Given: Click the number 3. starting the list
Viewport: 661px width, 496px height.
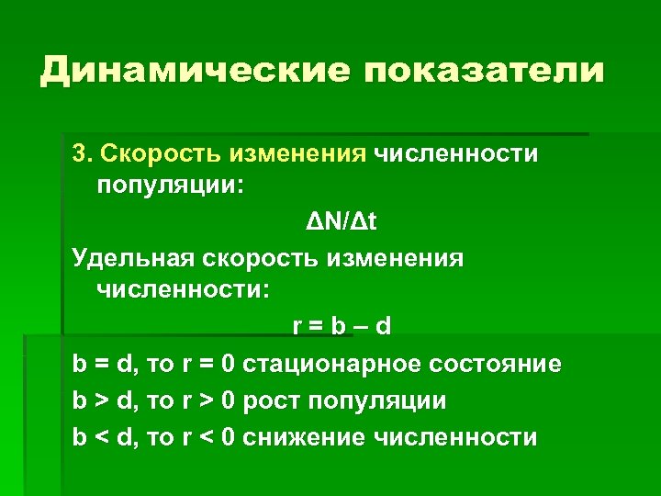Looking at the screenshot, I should (x=83, y=153).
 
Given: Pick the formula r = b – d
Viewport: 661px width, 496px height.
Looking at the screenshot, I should (x=342, y=328).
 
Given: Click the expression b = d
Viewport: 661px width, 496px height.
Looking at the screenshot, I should (x=103, y=364).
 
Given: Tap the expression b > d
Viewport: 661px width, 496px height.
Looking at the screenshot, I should (x=103, y=400).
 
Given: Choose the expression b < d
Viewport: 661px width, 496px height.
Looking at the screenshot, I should (x=103, y=437).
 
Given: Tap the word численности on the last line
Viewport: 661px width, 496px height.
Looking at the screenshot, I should (x=457, y=437).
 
